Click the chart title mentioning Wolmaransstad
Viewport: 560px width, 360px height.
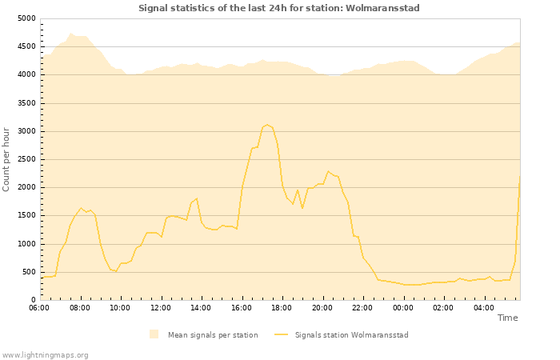pyautogui.click(x=279, y=8)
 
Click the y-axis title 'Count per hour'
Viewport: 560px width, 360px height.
pyautogui.click(x=7, y=158)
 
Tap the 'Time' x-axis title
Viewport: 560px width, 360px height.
pyautogui.click(x=507, y=318)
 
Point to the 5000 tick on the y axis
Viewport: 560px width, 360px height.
pyautogui.click(x=26, y=18)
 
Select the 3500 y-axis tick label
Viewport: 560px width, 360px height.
pyautogui.click(x=26, y=103)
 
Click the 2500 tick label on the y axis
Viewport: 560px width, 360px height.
pyautogui.click(x=26, y=159)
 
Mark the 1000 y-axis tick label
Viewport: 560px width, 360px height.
pyautogui.click(x=26, y=244)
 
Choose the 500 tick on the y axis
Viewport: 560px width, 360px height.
pyautogui.click(x=28, y=272)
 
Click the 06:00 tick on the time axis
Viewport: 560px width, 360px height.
pyautogui.click(x=39, y=307)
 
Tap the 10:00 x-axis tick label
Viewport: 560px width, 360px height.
pyautogui.click(x=120, y=307)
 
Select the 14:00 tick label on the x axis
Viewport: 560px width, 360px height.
pyautogui.click(x=201, y=307)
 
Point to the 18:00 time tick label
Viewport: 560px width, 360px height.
pyautogui.click(x=282, y=307)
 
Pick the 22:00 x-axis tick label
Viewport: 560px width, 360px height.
pyautogui.click(x=362, y=307)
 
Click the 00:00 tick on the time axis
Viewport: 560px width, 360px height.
pyautogui.click(x=403, y=307)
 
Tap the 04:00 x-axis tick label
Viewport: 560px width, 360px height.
pyautogui.click(x=484, y=307)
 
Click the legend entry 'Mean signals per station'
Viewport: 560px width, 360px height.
pyautogui.click(x=212, y=334)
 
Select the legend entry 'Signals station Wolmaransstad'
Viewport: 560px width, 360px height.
pyautogui.click(x=351, y=334)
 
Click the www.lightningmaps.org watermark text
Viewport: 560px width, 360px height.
pyautogui.click(x=45, y=354)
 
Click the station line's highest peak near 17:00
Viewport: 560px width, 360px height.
pyautogui.click(x=267, y=125)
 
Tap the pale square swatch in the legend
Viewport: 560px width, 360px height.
pyautogui.click(x=154, y=334)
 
